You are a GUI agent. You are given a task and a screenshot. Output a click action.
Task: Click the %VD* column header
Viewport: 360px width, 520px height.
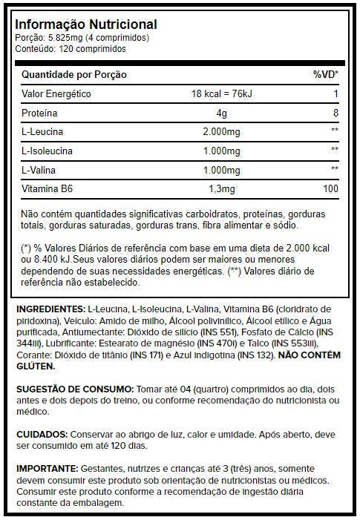(325, 75)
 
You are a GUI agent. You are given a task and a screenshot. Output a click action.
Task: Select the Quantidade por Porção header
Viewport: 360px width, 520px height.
(74, 75)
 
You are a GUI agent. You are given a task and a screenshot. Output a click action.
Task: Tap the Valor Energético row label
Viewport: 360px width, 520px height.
(56, 94)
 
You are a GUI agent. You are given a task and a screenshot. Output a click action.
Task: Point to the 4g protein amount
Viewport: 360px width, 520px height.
(221, 113)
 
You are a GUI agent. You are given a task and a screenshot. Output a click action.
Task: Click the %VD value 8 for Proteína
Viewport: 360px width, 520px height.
(336, 113)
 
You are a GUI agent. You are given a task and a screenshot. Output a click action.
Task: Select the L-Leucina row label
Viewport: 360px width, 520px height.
(44, 132)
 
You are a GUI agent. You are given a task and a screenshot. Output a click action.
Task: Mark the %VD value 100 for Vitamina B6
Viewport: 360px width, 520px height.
(331, 189)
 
